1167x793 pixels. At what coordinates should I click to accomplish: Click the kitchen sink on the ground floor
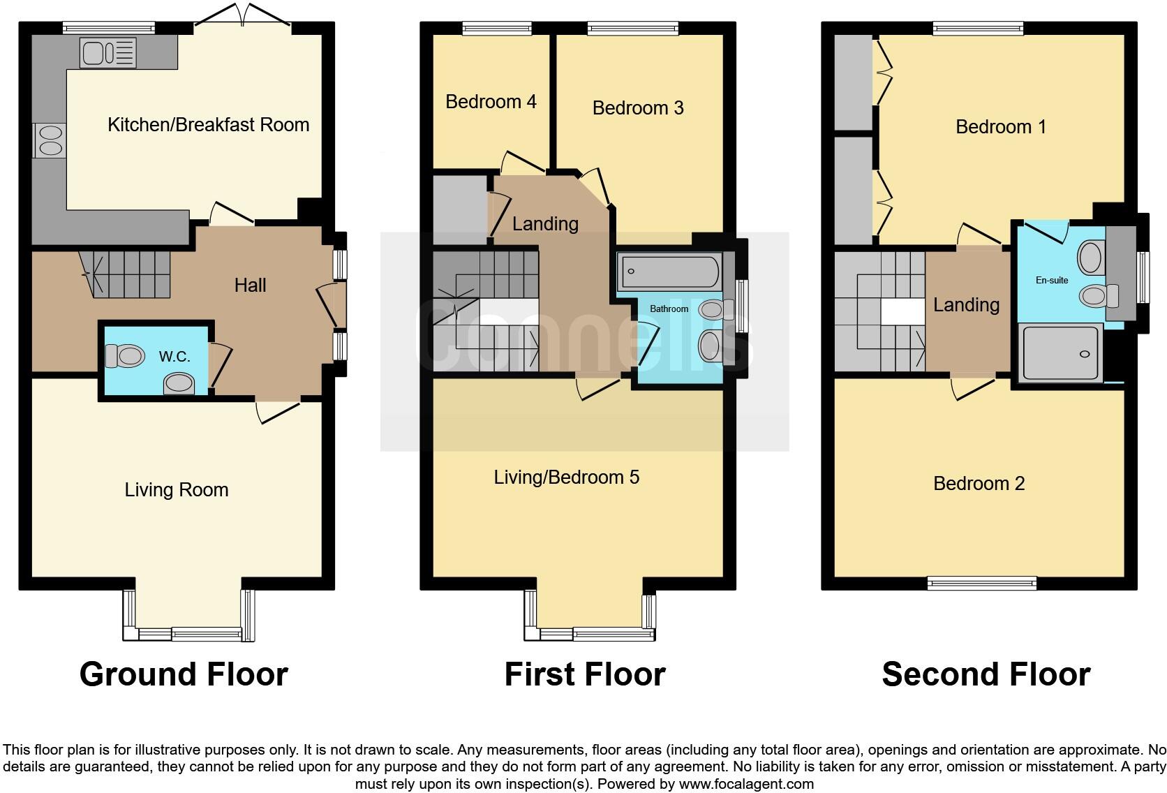coord(107,53)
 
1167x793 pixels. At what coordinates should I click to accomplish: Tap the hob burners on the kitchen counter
coord(49,140)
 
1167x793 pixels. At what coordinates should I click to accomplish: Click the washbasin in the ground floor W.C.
coord(179,383)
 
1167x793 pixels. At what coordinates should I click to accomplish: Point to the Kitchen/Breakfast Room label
coord(208,125)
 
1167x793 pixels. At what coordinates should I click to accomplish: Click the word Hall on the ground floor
coord(250,285)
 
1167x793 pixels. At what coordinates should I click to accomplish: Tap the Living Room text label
coord(177,490)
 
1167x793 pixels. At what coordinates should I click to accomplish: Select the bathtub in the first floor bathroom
coord(669,272)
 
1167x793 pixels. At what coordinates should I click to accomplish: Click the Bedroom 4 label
coord(491,102)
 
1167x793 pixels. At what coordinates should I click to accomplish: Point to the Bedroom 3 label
coord(638,108)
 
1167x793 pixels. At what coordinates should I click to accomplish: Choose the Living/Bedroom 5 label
coord(566,477)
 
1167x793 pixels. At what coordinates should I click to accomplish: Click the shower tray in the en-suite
coord(1060,353)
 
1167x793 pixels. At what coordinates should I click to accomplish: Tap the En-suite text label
coord(1051,280)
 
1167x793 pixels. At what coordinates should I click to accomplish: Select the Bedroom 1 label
coord(1000,127)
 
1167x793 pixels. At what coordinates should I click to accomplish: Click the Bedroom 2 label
coord(979,484)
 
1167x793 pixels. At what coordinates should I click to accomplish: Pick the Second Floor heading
coord(986,674)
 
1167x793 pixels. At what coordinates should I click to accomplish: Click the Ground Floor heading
coord(184,674)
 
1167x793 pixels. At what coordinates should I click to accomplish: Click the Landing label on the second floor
coord(966,305)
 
